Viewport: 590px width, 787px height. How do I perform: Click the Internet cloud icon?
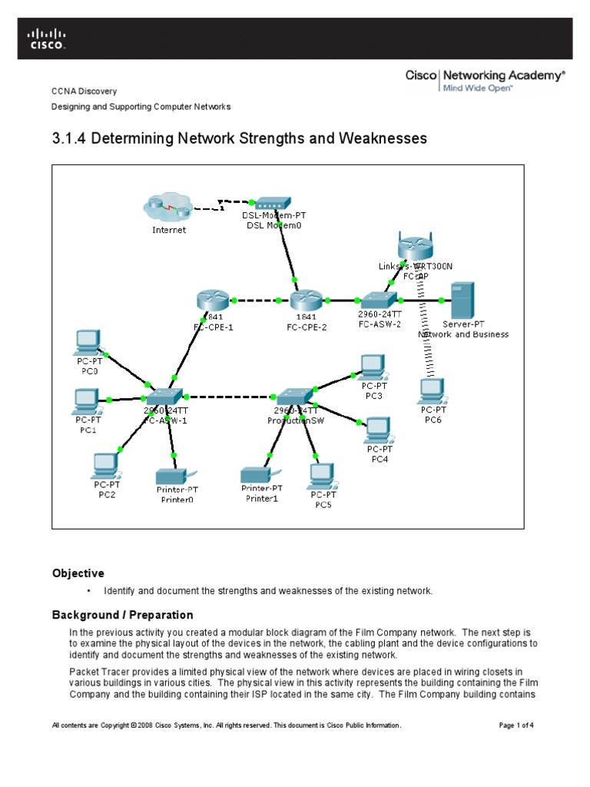tap(168, 208)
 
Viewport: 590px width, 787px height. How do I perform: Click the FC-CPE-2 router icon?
tap(306, 299)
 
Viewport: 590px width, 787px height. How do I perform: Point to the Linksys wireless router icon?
tap(416, 247)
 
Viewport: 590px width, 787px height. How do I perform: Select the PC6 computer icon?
tap(433, 391)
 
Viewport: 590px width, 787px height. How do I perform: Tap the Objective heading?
tap(78, 573)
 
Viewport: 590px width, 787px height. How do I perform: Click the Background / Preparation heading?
tap(122, 615)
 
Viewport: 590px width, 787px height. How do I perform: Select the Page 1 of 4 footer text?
tap(516, 725)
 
